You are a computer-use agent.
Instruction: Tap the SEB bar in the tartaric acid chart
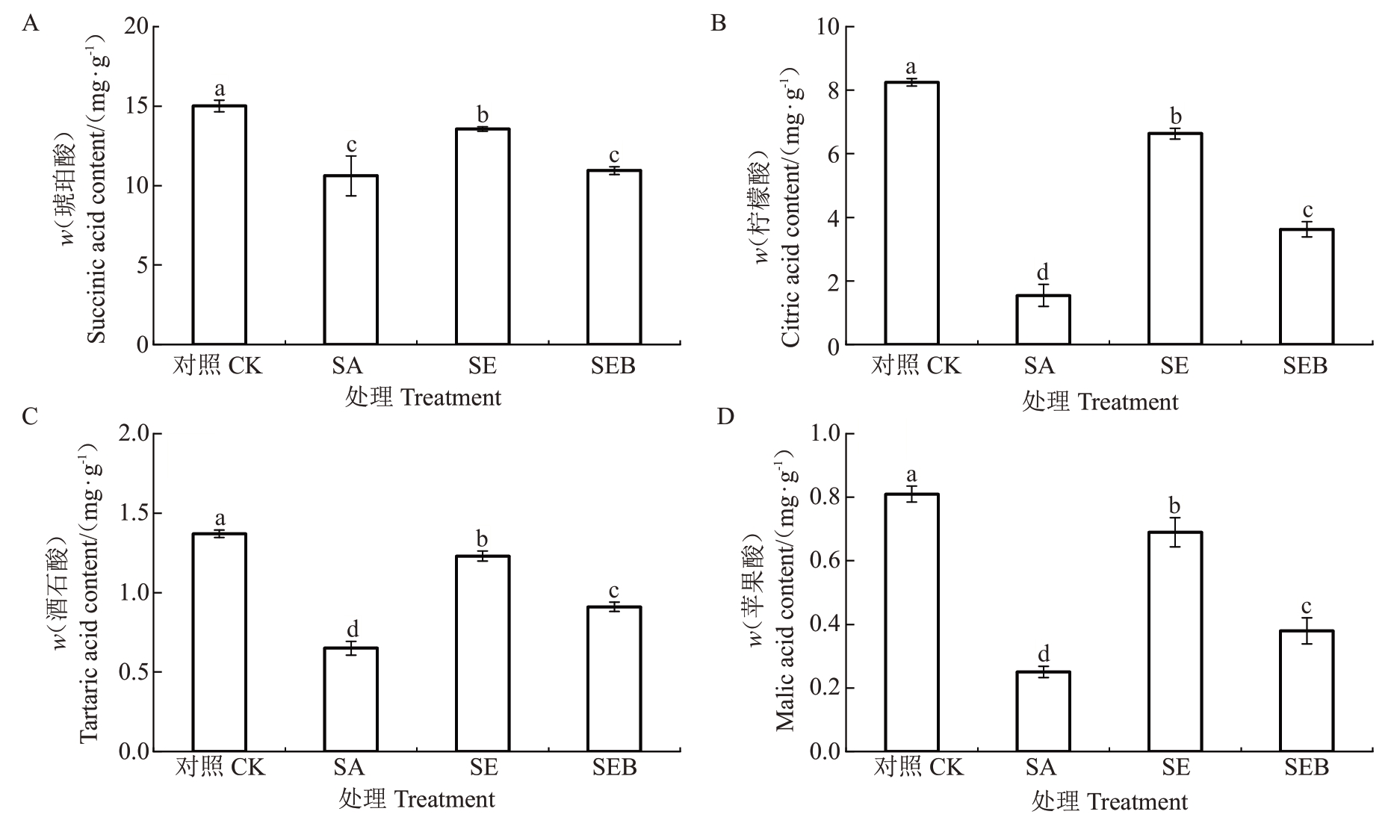614,679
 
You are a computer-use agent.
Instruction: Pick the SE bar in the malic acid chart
1175,642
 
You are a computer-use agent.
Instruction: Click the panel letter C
30,416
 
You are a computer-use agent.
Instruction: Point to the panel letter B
718,24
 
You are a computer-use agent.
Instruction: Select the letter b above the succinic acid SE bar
483,115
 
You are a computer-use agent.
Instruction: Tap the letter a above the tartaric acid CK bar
220,518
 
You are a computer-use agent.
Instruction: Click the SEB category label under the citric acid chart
1305,366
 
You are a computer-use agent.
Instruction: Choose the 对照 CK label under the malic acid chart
919,767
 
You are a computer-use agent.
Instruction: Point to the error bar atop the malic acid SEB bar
1307,630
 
